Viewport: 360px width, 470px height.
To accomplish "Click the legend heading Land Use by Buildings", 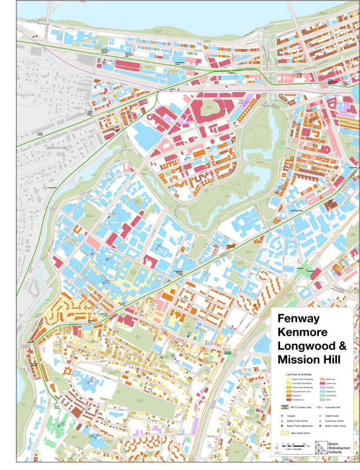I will [298, 374].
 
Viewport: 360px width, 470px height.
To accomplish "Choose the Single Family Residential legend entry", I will [302, 380].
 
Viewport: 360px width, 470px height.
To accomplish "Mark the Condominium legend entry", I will [298, 399].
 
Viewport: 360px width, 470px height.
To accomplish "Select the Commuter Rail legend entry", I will [332, 407].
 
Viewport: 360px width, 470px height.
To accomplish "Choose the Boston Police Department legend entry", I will [300, 426].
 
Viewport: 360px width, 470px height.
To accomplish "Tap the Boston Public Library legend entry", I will [335, 426].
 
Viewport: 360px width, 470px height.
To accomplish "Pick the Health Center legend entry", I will [332, 416].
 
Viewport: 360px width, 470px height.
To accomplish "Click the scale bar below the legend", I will [294, 446].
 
